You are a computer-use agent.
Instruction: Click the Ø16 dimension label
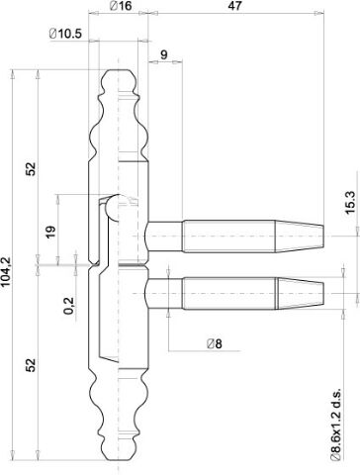(x=121, y=6)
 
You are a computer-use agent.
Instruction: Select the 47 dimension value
(x=234, y=6)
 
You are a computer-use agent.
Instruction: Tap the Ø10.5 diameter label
(x=65, y=34)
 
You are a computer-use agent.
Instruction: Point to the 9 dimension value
(x=164, y=54)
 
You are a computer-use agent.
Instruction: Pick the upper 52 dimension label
(x=31, y=169)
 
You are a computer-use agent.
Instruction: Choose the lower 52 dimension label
(x=31, y=365)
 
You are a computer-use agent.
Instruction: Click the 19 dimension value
(x=50, y=233)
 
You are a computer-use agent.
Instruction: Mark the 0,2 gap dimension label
(x=68, y=306)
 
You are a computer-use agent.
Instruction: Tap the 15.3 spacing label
(x=350, y=203)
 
